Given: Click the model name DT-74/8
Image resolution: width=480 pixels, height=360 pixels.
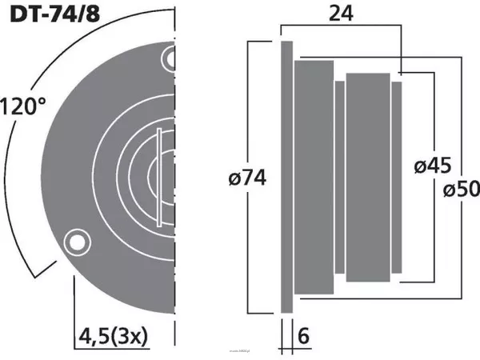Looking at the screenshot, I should [x=50, y=14].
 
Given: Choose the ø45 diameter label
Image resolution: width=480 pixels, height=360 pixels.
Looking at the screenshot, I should [x=433, y=166].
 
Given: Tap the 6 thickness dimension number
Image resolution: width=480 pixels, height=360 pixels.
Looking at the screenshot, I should [x=303, y=337].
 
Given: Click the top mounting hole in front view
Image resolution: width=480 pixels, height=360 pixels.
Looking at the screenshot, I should [x=170, y=58].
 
